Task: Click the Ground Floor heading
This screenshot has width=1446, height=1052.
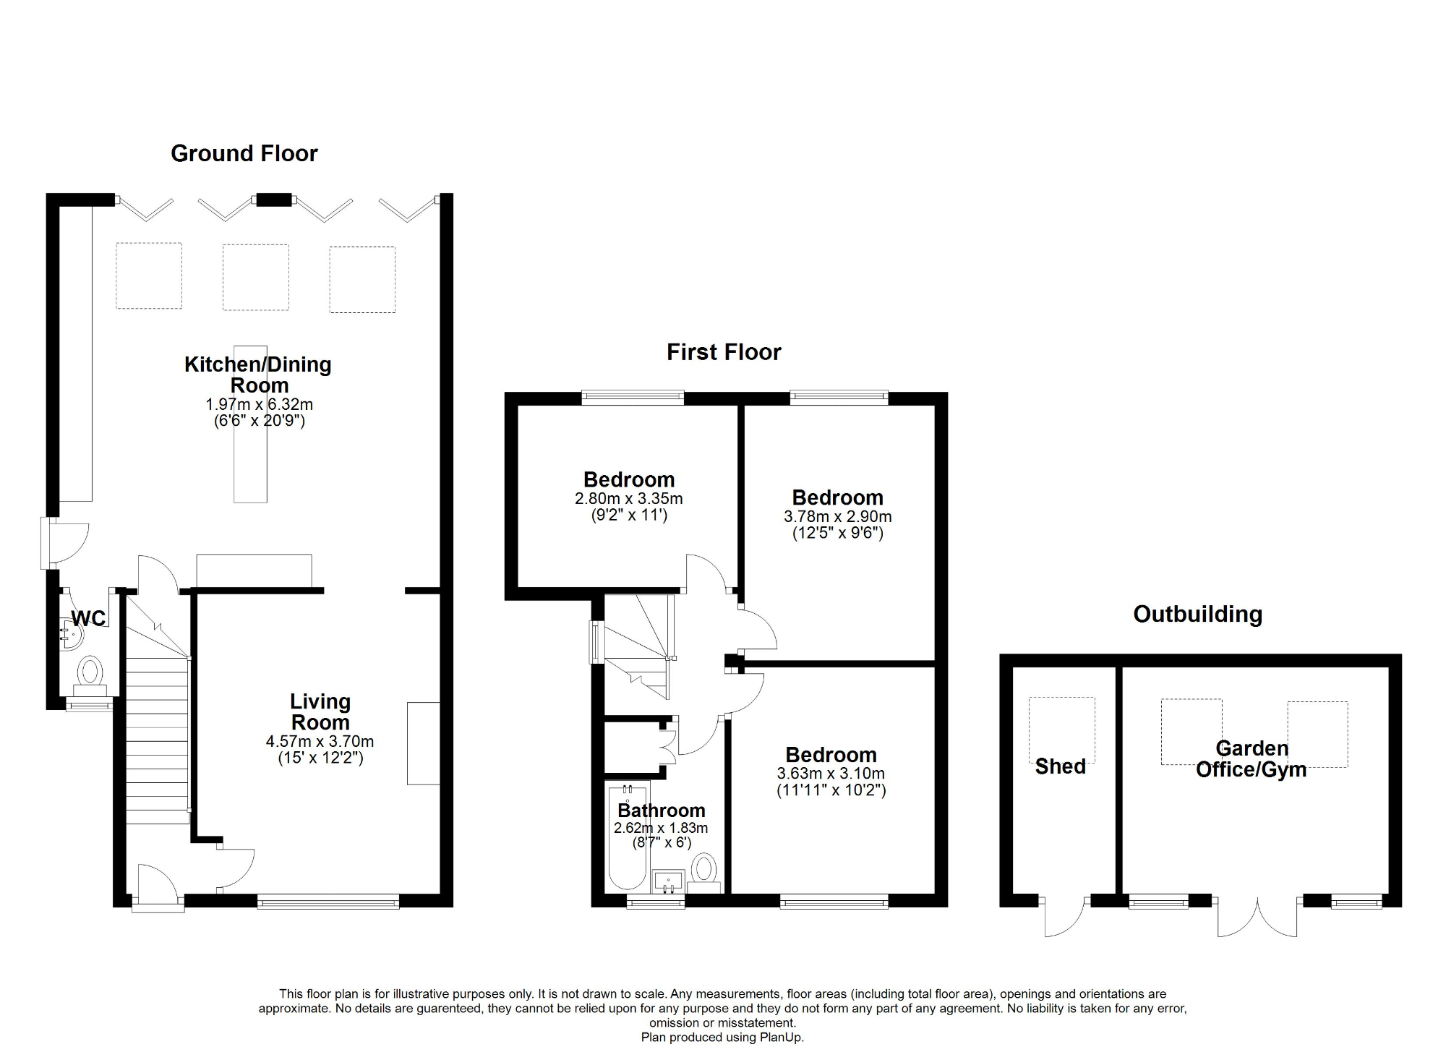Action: coord(244,153)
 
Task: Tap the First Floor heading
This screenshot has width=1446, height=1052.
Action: coord(723,352)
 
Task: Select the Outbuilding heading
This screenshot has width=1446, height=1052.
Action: coord(1197,614)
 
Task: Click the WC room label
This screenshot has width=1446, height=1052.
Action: coord(88,618)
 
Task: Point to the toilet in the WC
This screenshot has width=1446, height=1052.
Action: coord(90,672)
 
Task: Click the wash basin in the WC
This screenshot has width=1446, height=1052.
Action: coord(72,636)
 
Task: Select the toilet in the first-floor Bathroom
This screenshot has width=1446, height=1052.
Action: coord(703,870)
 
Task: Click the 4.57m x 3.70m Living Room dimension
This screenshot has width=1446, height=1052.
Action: coord(320,741)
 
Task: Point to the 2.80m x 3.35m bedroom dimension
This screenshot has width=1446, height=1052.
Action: coord(628,498)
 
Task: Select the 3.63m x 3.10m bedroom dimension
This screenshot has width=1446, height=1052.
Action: coord(831,773)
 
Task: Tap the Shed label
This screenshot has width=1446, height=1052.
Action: coord(1060,766)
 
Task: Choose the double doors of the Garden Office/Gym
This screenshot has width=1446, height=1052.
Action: coord(1257,917)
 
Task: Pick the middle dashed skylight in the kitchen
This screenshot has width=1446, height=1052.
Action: coord(255,277)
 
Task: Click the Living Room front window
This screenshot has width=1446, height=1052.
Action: coord(328,901)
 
